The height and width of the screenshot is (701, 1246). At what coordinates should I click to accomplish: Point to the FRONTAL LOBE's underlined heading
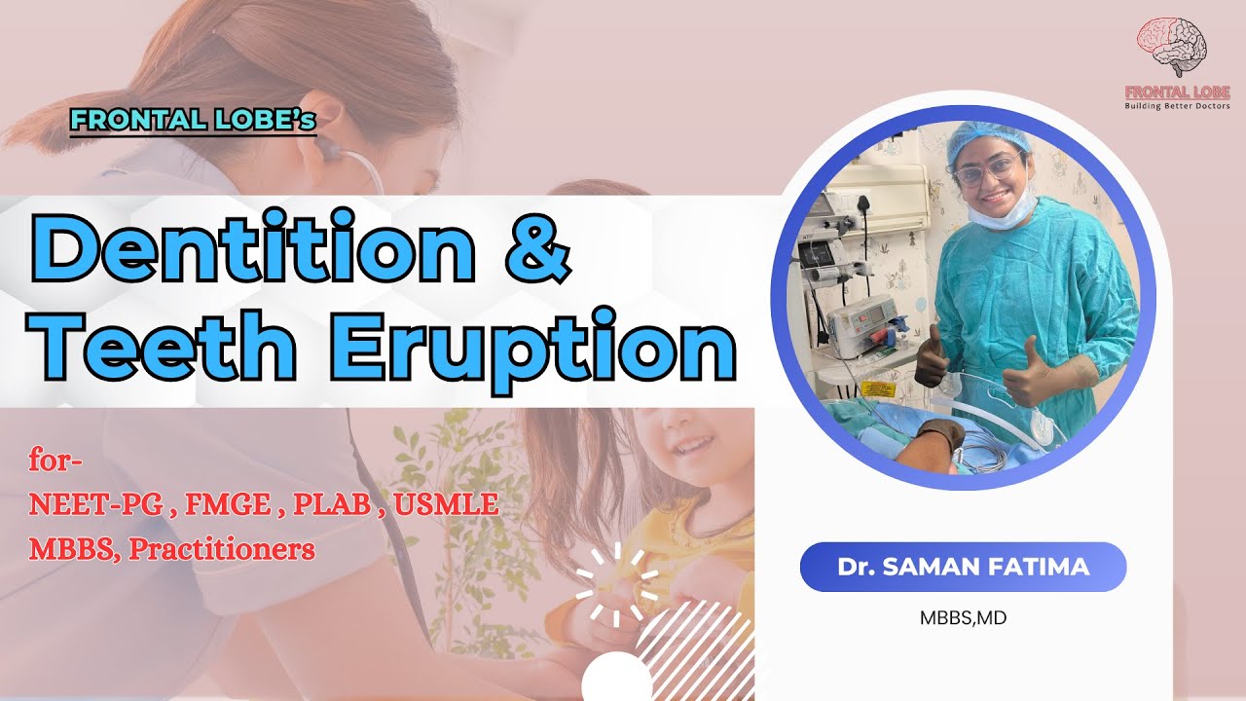point(194,122)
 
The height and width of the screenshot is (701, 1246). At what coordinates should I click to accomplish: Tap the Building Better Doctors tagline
point(1177,105)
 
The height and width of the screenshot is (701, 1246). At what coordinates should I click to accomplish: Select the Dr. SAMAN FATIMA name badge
point(963,567)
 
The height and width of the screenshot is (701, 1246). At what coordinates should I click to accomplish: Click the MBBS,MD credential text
point(963,617)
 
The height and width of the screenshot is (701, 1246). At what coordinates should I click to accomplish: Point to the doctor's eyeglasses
point(984,171)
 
